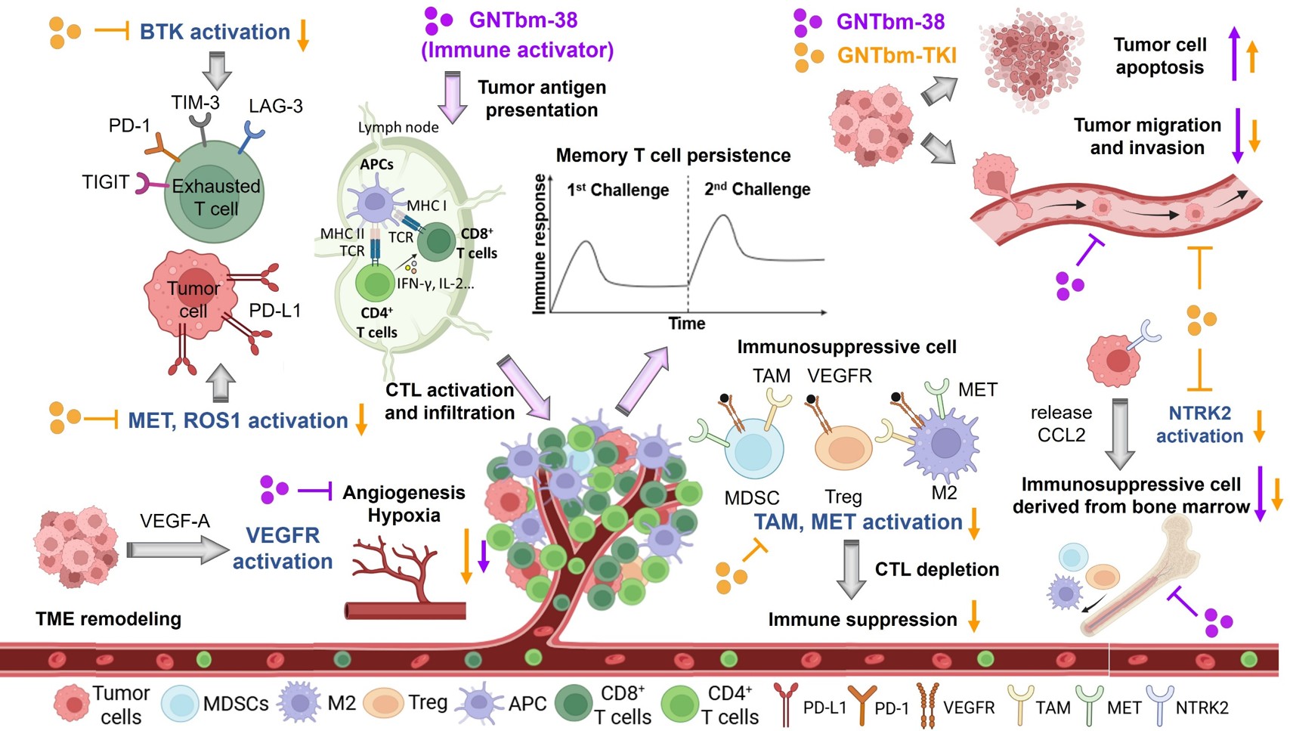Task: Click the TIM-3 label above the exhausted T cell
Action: pyautogui.click(x=195, y=102)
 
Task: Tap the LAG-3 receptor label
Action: pyautogui.click(x=276, y=106)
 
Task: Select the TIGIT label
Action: pyautogui.click(x=106, y=182)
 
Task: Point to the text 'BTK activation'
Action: pyautogui.click(x=215, y=32)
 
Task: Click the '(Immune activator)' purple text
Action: pyautogui.click(x=517, y=50)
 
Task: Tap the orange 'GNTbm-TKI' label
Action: pyautogui.click(x=896, y=55)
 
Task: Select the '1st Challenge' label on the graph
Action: pyautogui.click(x=617, y=190)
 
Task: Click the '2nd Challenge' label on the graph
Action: pyautogui.click(x=756, y=189)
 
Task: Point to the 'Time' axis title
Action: pyautogui.click(x=686, y=324)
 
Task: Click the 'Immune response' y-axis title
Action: pyautogui.click(x=540, y=243)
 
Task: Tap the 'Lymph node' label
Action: pyautogui.click(x=398, y=127)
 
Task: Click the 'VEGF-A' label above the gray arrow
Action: pyautogui.click(x=175, y=521)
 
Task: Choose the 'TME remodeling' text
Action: pyautogui.click(x=108, y=619)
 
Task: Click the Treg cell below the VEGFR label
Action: pyautogui.click(x=843, y=448)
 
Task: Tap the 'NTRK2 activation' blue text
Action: pyautogui.click(x=1199, y=424)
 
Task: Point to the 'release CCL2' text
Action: pyautogui.click(x=1061, y=423)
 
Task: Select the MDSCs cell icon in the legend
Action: pyautogui.click(x=180, y=704)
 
